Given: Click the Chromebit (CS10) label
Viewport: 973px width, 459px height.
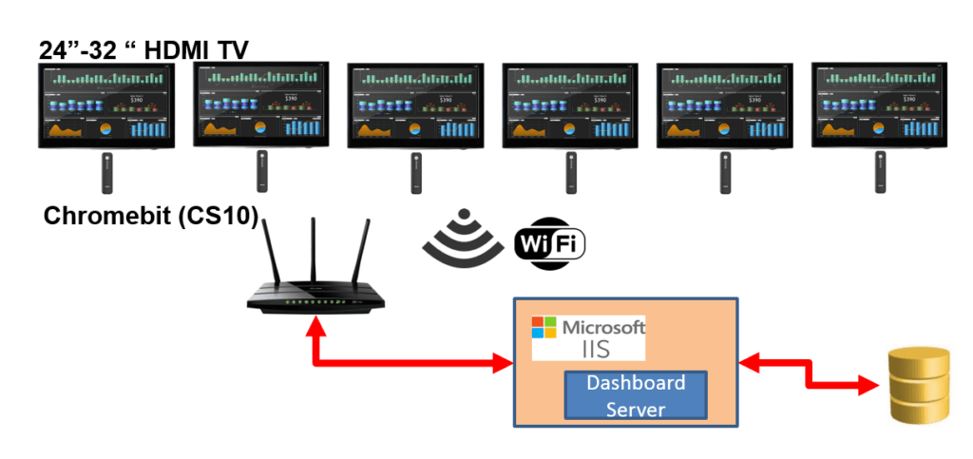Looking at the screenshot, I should pyautogui.click(x=151, y=217).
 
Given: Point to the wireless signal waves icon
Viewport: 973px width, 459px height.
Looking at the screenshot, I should pyautogui.click(x=463, y=239).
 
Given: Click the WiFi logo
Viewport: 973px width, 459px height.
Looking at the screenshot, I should pyautogui.click(x=549, y=243).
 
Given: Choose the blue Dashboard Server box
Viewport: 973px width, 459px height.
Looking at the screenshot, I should pyautogui.click(x=636, y=395).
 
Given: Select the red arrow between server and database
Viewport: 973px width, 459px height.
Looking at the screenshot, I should pyautogui.click(x=809, y=373).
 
